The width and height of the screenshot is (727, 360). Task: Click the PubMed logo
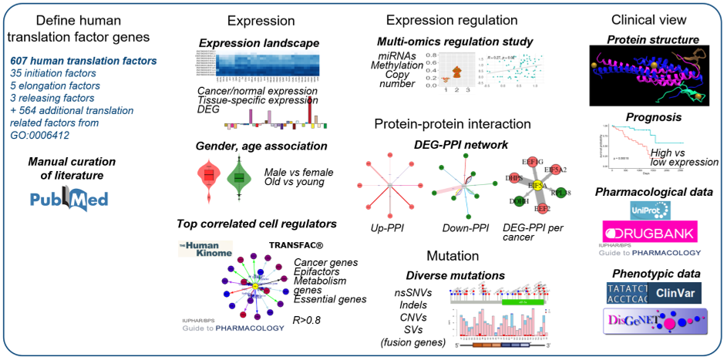(69, 199)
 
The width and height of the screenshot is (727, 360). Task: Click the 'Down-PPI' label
(461, 228)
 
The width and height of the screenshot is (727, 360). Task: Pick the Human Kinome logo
(207, 248)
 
